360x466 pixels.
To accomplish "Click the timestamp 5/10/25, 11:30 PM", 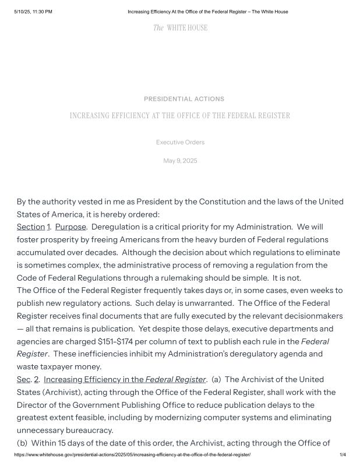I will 33,12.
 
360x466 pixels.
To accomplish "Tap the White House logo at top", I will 180,28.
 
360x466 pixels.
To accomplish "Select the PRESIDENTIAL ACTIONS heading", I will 184,99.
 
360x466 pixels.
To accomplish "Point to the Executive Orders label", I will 180,142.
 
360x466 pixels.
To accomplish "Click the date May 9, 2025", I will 180,161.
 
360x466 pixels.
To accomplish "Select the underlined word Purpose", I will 70,227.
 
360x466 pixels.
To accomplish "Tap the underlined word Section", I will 31,227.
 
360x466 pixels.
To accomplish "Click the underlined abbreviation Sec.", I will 23,379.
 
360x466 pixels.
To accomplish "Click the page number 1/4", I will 343,454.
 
